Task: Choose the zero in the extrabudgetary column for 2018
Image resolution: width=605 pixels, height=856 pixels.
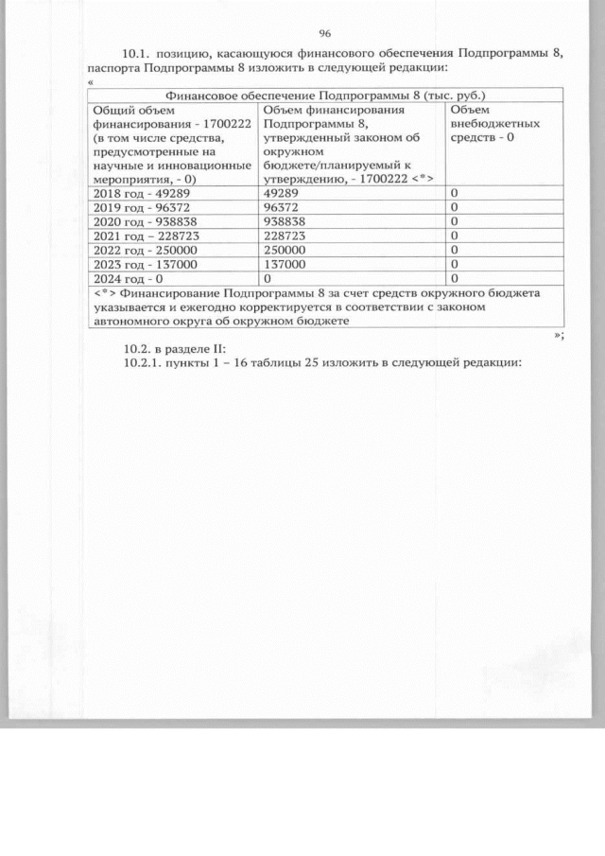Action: point(455,193)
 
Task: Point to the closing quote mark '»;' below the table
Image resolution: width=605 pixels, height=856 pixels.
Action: point(559,335)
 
